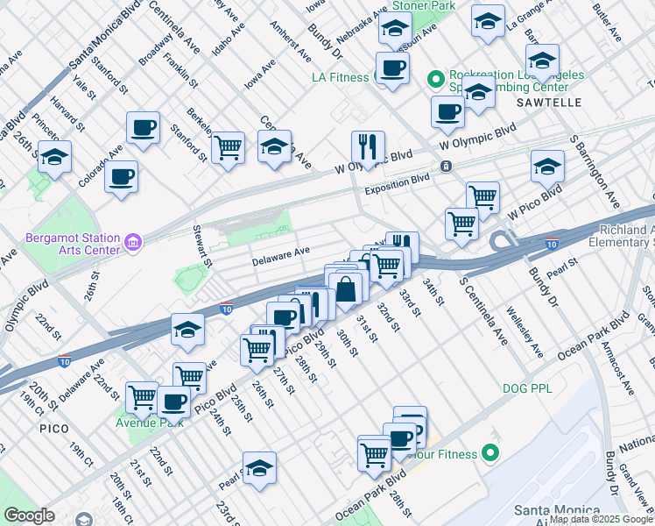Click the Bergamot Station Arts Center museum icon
click(x=133, y=241)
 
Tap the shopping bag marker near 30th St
click(x=347, y=288)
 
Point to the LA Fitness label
click(x=340, y=77)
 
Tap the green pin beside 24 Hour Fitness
click(x=490, y=454)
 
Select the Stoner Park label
click(x=423, y=6)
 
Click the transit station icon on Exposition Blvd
click(x=447, y=166)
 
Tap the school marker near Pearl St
click(x=259, y=468)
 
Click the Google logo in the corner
click(x=29, y=515)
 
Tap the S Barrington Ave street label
click(x=595, y=171)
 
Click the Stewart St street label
click(x=201, y=246)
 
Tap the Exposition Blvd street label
click(x=397, y=182)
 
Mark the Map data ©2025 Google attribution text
click(x=600, y=519)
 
